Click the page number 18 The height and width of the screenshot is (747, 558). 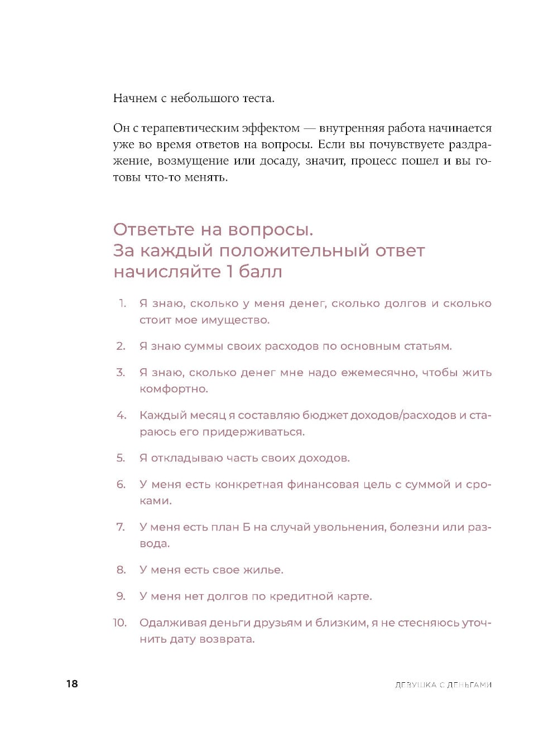(x=72, y=684)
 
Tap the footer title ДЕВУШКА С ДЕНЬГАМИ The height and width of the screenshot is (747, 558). (x=443, y=685)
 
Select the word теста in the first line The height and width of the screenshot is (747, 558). (x=258, y=99)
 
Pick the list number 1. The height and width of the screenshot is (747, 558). (x=122, y=303)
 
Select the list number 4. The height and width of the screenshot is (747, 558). (x=121, y=416)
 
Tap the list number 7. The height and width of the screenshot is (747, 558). (x=121, y=527)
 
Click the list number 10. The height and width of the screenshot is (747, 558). (x=120, y=623)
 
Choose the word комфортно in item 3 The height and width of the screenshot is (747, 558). (x=173, y=389)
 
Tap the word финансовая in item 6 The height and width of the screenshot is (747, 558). (x=323, y=485)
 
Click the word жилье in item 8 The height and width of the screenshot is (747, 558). (x=263, y=570)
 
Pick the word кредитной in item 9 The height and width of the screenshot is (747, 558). (x=301, y=596)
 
